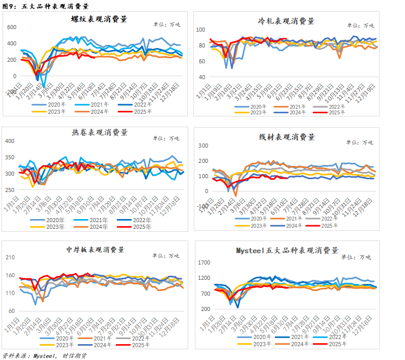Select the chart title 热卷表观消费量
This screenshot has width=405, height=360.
click(x=99, y=132)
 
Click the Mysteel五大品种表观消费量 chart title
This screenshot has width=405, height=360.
click(x=287, y=250)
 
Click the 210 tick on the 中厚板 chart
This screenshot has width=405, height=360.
click(x=11, y=257)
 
